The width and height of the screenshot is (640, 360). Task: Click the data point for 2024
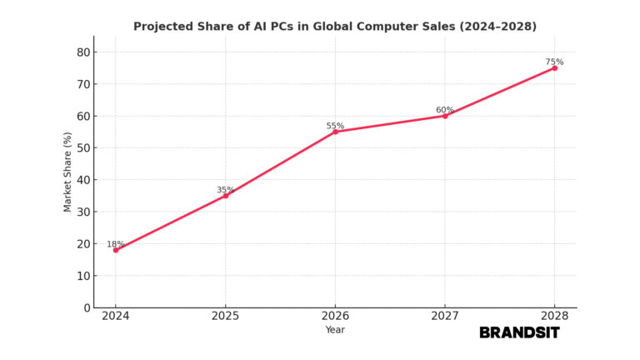(116, 250)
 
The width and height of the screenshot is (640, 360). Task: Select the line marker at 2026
(335, 132)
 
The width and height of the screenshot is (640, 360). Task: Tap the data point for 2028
(554, 67)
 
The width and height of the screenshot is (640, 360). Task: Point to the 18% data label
(115, 244)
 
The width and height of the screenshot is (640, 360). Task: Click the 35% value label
(225, 190)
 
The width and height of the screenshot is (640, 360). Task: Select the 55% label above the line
(335, 126)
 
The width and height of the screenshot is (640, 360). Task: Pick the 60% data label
(444, 110)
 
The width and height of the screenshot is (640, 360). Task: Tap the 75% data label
(554, 62)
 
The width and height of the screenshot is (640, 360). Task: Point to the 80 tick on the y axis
(82, 52)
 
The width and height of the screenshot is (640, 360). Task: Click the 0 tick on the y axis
(87, 307)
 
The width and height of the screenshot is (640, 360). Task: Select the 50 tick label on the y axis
(82, 147)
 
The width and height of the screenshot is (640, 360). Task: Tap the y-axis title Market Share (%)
(68, 172)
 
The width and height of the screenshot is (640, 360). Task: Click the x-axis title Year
(335, 330)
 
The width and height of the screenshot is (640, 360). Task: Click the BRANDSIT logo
(519, 332)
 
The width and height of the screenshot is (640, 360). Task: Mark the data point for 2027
(444, 116)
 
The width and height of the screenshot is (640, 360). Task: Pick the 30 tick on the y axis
(82, 212)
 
